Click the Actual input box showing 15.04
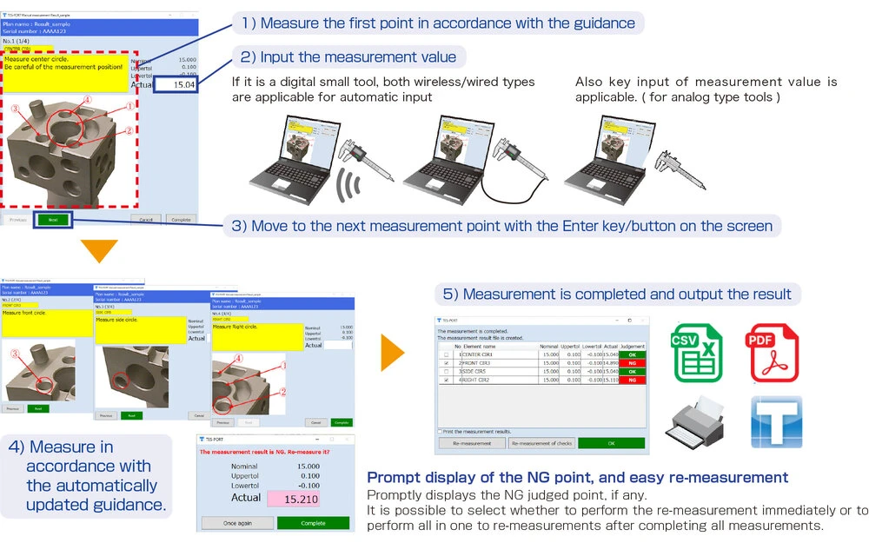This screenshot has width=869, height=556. tap(177, 84)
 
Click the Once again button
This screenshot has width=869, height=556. tap(236, 523)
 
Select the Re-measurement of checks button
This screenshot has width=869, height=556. tap(540, 443)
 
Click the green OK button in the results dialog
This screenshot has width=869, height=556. tap(611, 443)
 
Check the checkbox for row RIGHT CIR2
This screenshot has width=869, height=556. tap(447, 380)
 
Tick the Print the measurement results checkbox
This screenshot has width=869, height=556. tap(440, 431)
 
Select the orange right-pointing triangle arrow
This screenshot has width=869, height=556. tap(393, 351)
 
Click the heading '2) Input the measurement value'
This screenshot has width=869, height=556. tap(349, 57)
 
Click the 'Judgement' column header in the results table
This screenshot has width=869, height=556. tap(632, 346)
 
